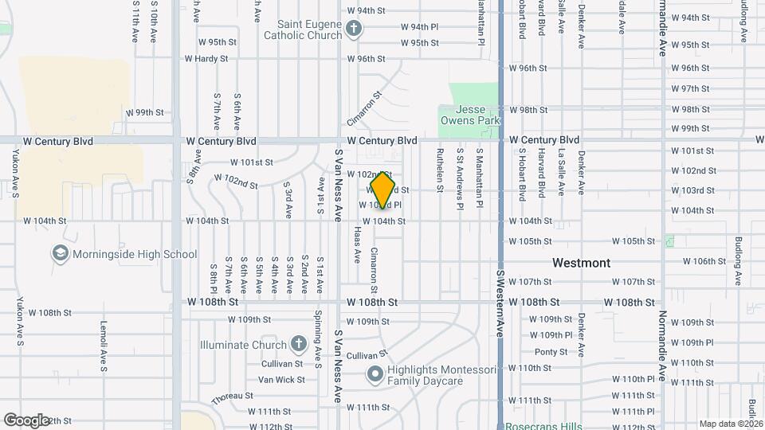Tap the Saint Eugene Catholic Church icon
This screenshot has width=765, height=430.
(355, 32)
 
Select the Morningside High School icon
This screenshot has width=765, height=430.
(60, 254)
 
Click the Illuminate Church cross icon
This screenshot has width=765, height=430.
(298, 345)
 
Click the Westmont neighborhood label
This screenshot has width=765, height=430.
(582, 263)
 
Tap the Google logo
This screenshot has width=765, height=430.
(26, 420)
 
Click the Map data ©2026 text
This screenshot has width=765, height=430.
(731, 424)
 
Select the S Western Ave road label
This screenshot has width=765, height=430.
(501, 302)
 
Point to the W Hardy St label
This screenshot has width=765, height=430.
(206, 59)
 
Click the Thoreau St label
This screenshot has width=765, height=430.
(232, 396)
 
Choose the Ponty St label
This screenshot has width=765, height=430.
(551, 352)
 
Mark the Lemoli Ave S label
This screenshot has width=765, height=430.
(104, 346)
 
